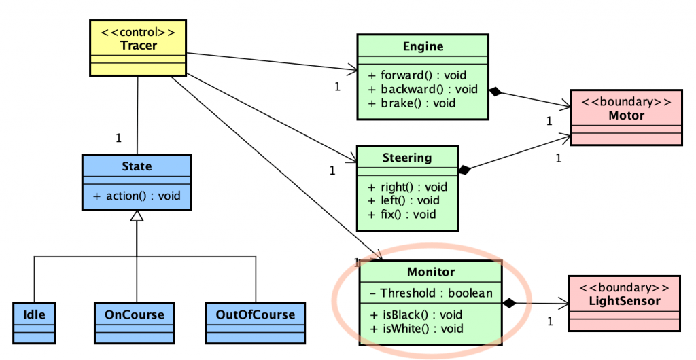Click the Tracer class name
pos(138,46)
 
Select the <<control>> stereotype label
pos(138,33)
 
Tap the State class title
pos(137,166)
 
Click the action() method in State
pos(137,196)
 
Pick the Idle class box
pos(33,314)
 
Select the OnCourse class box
pos(134,314)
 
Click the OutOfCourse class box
pos(256,314)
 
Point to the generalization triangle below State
pos(137,216)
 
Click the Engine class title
pos(422,46)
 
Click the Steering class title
pos(406,158)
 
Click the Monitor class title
pos(431,272)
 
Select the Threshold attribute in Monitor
pos(431,293)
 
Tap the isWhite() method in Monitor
pos(417,329)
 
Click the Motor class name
pos(626,115)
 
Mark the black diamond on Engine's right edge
pos(495,92)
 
